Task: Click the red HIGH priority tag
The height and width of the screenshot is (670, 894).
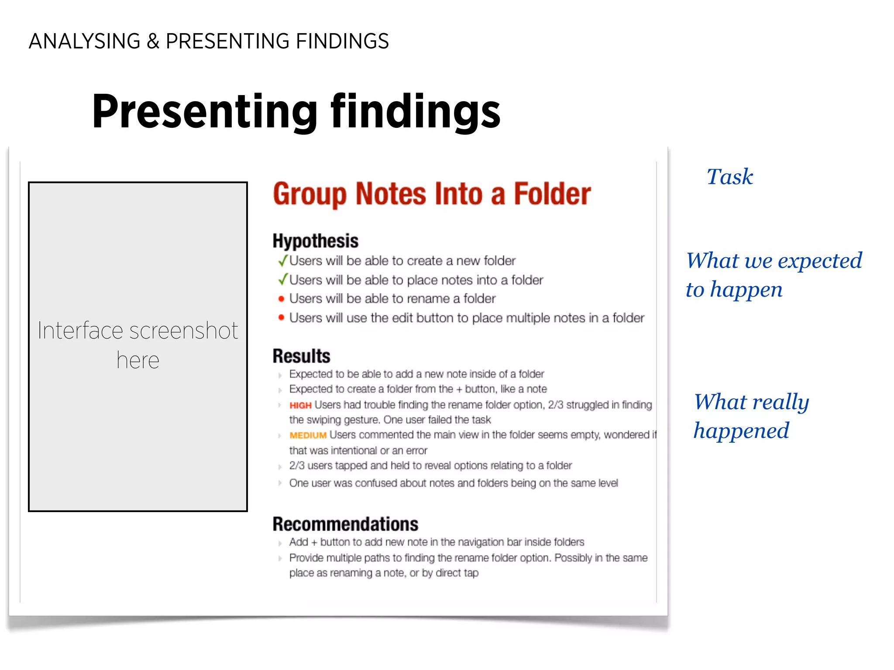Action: click(300, 406)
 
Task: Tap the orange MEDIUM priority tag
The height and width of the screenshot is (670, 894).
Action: click(308, 435)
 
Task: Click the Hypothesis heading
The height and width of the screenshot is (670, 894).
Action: click(315, 241)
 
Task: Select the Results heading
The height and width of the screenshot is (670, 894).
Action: click(301, 356)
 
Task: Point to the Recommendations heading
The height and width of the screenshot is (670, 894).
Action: click(345, 524)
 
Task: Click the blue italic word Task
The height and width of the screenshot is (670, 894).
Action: click(730, 177)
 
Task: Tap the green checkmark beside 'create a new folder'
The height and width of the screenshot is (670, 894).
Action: click(283, 260)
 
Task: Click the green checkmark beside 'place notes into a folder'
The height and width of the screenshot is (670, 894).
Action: click(283, 279)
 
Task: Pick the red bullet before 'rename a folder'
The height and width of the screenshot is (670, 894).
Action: click(282, 299)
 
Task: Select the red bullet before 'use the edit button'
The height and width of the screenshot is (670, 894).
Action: click(282, 318)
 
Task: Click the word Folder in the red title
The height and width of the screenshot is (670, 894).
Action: click(552, 194)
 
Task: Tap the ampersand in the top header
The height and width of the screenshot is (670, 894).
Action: click(153, 41)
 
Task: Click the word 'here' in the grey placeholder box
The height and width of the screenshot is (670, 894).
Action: click(138, 361)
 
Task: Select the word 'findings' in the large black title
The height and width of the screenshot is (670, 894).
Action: click(416, 112)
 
